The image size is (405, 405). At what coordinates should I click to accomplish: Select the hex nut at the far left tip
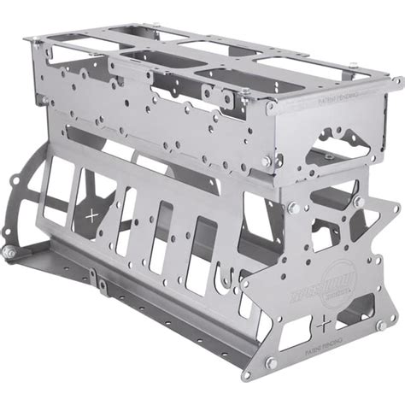pyautogui.click(x=8, y=254)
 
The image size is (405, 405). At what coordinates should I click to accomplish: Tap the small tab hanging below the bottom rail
pyautogui.click(x=101, y=282)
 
